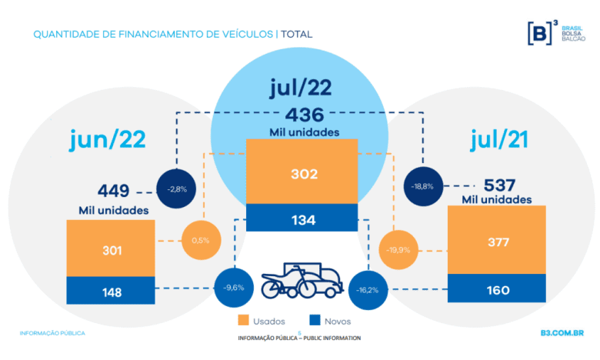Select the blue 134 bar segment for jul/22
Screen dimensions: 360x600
point(302,218)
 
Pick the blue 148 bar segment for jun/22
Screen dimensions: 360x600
point(112,291)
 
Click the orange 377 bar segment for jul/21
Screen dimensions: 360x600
point(496,240)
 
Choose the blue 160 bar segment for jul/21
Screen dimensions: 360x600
point(496,290)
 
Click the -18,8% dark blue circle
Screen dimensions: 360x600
point(424,185)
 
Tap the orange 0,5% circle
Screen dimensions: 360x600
point(201,241)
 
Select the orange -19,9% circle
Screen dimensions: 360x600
point(398,249)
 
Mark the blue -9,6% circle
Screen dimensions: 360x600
point(233,288)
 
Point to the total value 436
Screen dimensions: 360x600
point(301,114)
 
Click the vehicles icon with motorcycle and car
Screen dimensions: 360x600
point(302,282)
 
